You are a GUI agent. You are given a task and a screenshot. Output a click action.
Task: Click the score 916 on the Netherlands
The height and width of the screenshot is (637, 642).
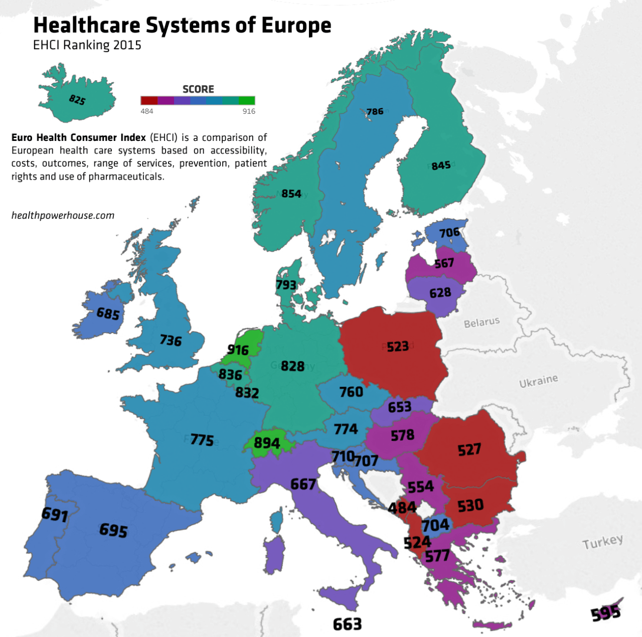click(x=238, y=350)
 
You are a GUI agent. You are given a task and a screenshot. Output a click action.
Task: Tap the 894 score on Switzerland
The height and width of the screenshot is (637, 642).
click(x=266, y=443)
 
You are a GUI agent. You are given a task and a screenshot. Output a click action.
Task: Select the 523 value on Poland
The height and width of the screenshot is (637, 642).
click(x=398, y=346)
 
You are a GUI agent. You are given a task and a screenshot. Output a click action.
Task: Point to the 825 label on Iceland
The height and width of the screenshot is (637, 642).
click(x=77, y=100)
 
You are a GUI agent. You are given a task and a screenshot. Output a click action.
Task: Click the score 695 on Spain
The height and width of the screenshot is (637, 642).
click(x=113, y=530)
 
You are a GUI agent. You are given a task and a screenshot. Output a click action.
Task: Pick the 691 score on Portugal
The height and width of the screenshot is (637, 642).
click(x=54, y=514)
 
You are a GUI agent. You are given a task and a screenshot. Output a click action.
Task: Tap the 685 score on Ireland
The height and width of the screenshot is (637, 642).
click(x=108, y=314)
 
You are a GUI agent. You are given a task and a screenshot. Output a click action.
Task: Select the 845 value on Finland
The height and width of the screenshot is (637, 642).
click(x=441, y=166)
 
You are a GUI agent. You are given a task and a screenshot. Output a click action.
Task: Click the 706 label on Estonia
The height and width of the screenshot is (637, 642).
click(x=449, y=232)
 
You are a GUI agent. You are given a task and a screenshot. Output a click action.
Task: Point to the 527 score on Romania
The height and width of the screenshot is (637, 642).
click(x=469, y=449)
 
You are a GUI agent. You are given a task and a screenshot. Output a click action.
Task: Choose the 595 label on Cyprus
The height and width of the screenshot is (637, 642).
click(x=605, y=613)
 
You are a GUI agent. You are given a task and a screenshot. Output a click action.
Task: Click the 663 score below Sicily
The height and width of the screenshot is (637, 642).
click(x=347, y=624)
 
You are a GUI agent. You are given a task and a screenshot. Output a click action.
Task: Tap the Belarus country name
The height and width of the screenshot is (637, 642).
click(x=481, y=322)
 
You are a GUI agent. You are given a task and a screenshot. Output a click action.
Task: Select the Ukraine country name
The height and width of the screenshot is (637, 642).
click(x=538, y=381)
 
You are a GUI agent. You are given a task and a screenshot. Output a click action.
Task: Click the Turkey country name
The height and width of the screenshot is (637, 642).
click(x=602, y=542)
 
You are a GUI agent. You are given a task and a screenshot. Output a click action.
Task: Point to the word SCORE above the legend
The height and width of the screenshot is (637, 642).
click(x=198, y=89)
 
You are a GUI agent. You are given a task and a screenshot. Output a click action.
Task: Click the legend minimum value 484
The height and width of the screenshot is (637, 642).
click(x=147, y=111)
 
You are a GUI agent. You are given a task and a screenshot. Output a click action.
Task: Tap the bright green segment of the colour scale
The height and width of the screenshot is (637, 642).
click(x=247, y=100)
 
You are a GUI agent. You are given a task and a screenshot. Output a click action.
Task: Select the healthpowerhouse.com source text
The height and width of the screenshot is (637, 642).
click(x=63, y=216)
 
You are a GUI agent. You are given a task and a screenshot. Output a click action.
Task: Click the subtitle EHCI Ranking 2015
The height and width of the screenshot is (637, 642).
click(x=87, y=45)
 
